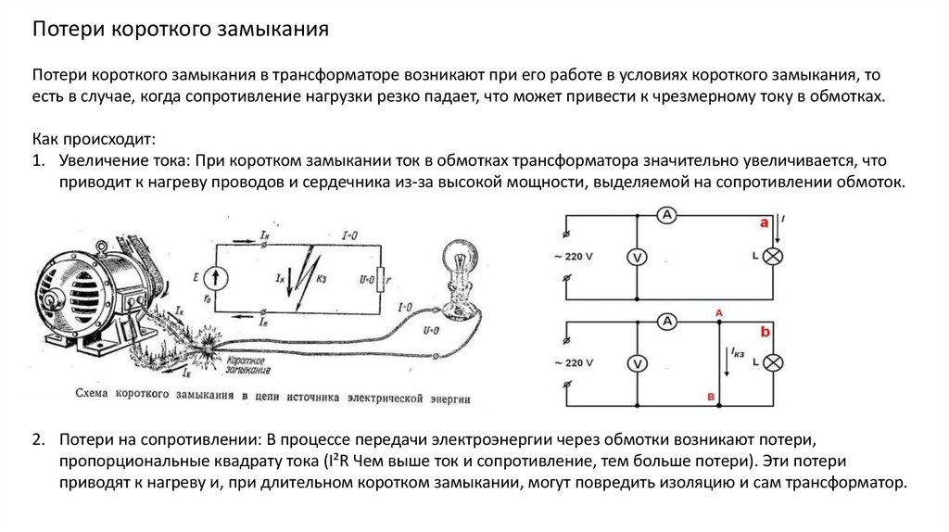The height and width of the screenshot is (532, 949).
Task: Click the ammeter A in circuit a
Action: pos(664,214)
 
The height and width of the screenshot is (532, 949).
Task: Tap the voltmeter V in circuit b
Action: pos(637,364)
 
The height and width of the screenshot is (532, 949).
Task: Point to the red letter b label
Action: pos(765,331)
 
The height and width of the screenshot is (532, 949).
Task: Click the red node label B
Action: pos(711,398)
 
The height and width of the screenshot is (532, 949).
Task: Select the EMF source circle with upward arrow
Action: pos(218,276)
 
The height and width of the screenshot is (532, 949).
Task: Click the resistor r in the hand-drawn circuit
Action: pos(381,277)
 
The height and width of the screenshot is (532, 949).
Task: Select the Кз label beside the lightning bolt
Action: pos(321,277)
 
